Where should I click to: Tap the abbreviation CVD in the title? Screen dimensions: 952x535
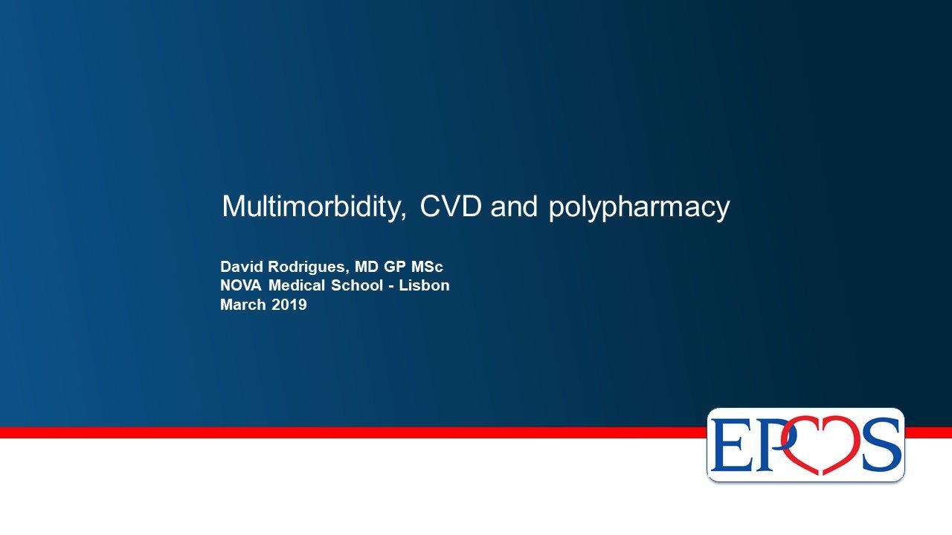(451, 206)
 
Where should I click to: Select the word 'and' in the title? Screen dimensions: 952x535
(514, 206)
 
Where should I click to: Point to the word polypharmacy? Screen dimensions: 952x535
(639, 209)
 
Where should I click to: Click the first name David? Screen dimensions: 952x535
(242, 267)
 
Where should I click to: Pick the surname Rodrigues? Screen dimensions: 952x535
(307, 267)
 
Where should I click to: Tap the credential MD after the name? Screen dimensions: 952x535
(367, 267)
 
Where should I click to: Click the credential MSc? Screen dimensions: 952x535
(427, 267)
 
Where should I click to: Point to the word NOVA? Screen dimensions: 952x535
(241, 285)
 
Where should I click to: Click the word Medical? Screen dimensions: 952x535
(297, 285)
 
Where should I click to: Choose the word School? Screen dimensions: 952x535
(357, 285)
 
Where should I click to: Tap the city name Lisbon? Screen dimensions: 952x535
(424, 285)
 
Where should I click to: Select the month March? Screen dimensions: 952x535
(243, 305)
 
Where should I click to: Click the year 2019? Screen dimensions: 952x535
(289, 305)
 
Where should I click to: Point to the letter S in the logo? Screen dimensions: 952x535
(881, 444)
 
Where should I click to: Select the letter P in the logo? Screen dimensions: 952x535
(766, 444)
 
